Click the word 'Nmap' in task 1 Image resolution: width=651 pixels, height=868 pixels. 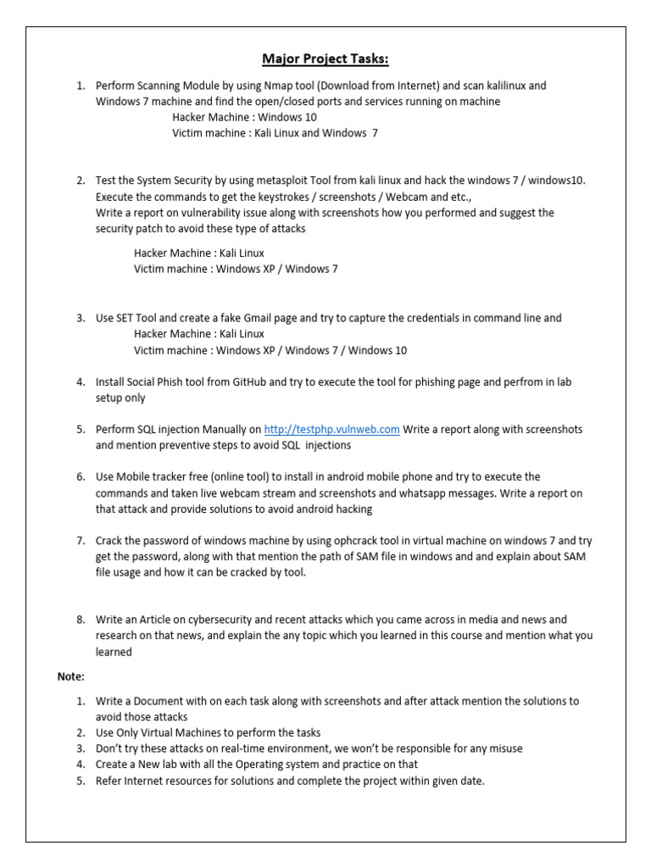point(269,86)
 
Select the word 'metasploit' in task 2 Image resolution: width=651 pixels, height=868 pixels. point(283,181)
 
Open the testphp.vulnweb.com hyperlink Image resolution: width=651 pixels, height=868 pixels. point(331,430)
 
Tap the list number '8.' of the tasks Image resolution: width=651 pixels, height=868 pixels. point(81,620)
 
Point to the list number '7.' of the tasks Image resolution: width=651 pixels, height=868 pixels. point(81,540)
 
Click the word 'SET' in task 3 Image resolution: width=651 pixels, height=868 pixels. point(127,318)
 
